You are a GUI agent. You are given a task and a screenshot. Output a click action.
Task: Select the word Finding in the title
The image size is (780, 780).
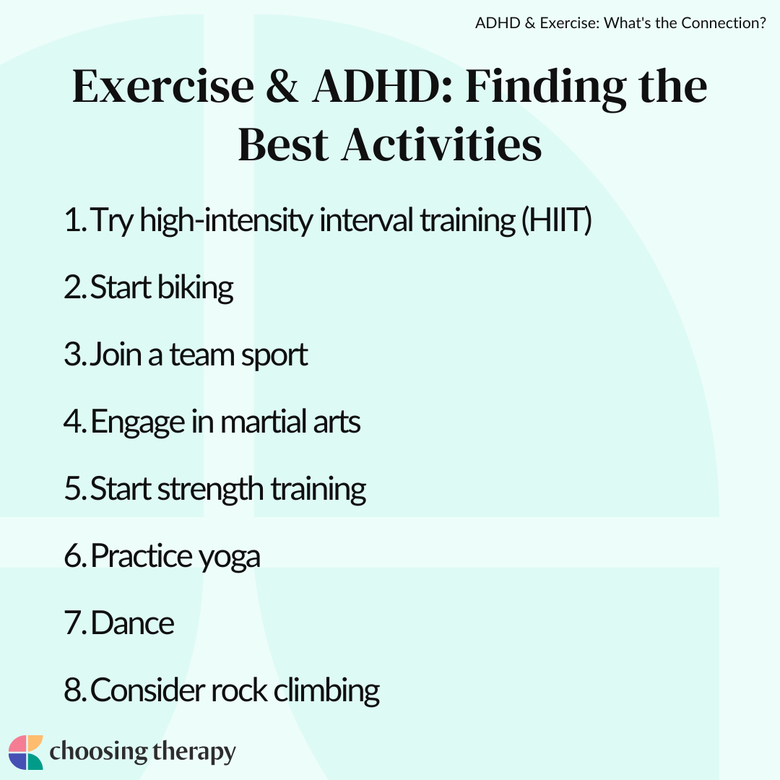coord(546,89)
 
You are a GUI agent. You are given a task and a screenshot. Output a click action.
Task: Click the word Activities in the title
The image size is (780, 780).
coord(441,144)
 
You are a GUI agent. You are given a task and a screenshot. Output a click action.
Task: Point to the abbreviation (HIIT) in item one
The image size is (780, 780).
coord(556,220)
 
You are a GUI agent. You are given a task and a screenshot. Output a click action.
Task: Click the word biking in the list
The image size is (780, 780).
coord(195,287)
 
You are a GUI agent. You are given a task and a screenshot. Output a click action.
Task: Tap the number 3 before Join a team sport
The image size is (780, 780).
coord(74,355)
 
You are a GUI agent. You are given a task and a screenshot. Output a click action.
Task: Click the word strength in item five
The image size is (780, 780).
coord(210,488)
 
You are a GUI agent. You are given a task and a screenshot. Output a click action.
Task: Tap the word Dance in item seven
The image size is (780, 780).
coord(132,623)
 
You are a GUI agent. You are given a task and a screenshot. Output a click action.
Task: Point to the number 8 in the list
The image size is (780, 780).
coord(74,690)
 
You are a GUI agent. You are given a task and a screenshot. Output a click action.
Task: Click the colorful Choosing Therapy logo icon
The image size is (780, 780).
coord(26,752)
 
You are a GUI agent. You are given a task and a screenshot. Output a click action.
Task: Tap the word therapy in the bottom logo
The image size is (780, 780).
coord(194,752)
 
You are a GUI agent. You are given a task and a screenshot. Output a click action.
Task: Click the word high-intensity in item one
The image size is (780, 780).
coord(226,220)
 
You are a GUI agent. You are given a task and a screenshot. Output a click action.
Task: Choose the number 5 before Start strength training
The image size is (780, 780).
coord(74,488)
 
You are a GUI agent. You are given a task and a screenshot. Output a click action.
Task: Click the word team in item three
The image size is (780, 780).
coord(202,355)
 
